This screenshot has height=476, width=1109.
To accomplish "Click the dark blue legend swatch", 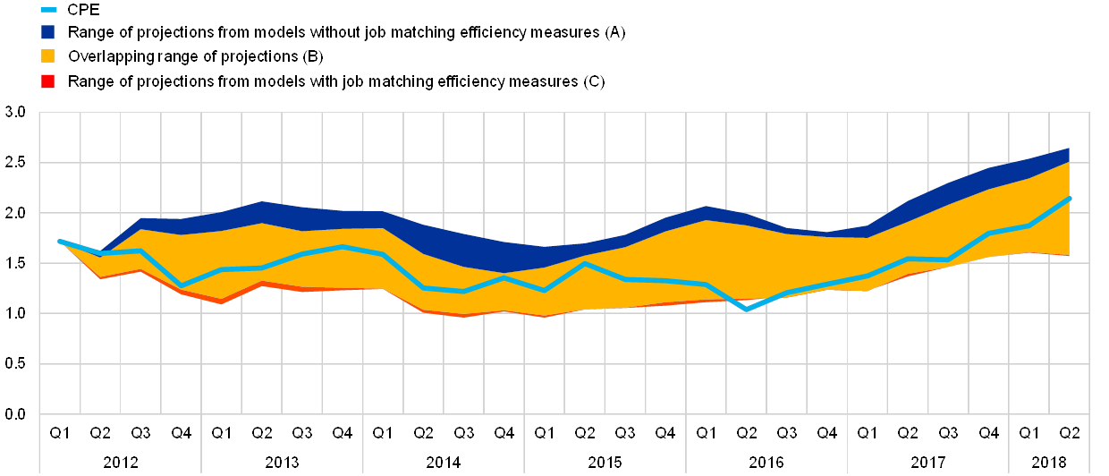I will [x=48, y=33].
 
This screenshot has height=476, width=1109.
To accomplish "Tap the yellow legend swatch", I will [x=48, y=57].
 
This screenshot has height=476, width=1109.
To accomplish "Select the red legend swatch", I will [x=48, y=81].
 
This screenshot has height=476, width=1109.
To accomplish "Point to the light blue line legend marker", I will [x=48, y=10].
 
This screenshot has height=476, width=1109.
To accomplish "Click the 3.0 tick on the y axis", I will [x=16, y=113].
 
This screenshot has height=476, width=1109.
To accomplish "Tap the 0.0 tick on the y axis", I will [x=16, y=414].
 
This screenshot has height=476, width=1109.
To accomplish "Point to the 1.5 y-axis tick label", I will [x=16, y=264].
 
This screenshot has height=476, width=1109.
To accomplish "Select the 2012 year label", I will [x=120, y=463].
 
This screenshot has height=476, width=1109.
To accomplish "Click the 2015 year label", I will [x=605, y=463].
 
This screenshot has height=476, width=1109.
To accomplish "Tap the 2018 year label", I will [x=1049, y=463].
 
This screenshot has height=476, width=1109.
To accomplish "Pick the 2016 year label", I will [x=766, y=463].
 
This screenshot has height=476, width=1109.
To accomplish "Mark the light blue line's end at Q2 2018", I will [x=1070, y=199].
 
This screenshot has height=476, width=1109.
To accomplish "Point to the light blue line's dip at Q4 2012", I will [x=181, y=286].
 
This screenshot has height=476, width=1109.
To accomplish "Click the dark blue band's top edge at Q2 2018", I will [x=1070, y=149].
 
